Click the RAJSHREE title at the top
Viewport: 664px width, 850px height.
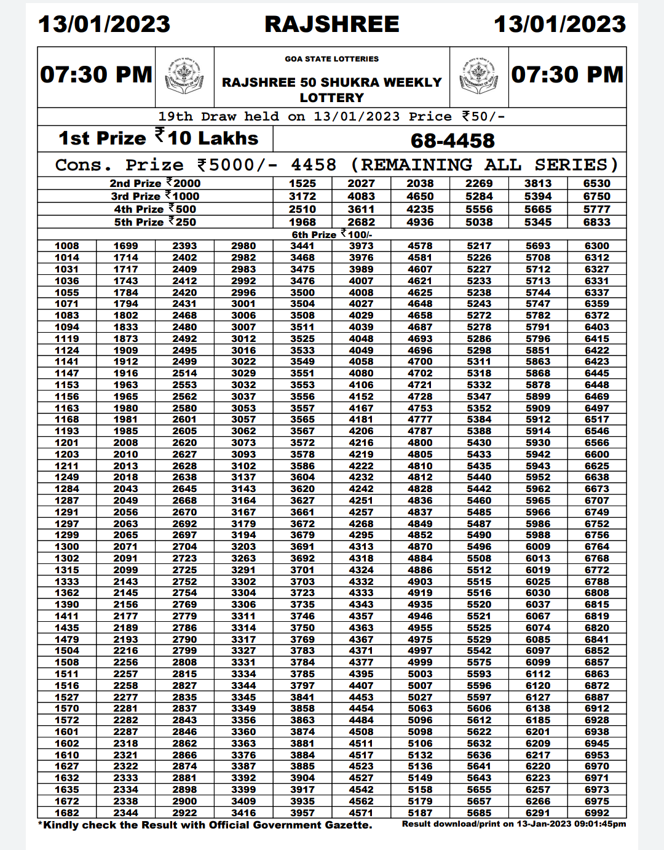[331, 24]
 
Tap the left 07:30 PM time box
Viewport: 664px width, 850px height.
[96, 74]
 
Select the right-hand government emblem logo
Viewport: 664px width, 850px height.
[479, 76]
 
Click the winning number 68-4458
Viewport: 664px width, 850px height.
[453, 140]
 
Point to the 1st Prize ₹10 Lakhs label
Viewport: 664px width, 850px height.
[158, 138]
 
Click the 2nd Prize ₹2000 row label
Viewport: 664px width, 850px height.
[155, 183]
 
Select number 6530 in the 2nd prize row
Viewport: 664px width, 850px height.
[596, 183]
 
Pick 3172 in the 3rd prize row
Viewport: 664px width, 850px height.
[302, 196]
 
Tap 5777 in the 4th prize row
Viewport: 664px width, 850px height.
[596, 209]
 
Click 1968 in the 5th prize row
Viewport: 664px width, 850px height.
[302, 222]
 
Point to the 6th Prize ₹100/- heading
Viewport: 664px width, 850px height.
[331, 234]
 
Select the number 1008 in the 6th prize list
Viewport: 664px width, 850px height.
[66, 246]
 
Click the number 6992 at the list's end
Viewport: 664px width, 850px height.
[596, 812]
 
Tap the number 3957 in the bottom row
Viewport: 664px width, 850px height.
[302, 812]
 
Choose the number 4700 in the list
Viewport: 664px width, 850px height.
[420, 362]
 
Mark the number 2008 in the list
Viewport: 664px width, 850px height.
[125, 442]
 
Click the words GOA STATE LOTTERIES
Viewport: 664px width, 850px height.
[331, 59]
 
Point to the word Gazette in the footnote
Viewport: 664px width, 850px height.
[349, 825]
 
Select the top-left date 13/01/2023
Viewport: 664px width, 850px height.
[104, 24]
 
